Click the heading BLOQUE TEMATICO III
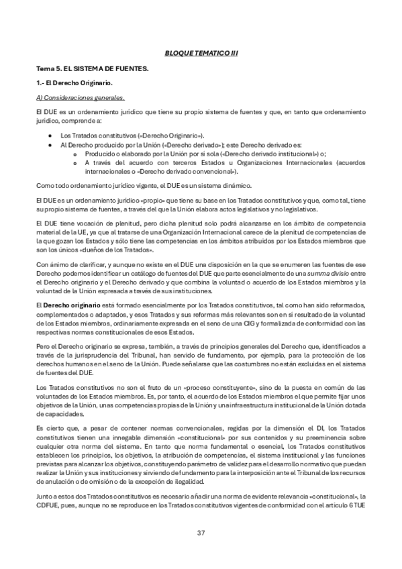tap(201, 52)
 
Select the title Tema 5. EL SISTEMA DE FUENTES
tap(93, 68)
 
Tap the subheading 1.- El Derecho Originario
tap(74, 83)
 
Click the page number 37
tap(201, 533)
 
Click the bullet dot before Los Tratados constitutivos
tap(51, 136)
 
